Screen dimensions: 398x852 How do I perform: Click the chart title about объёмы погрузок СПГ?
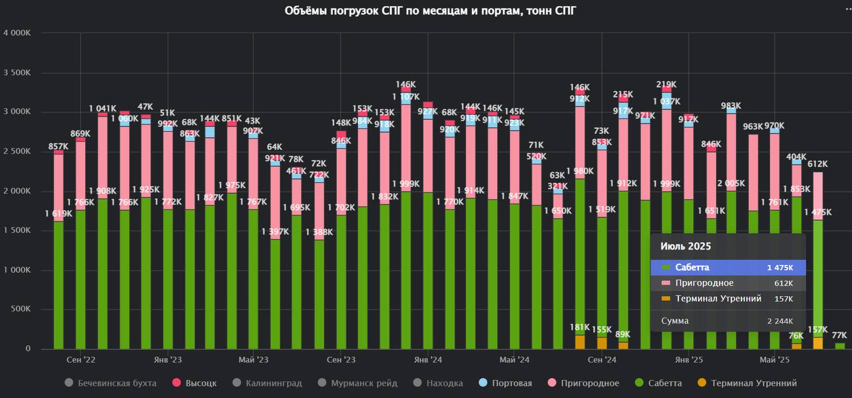pos(426,11)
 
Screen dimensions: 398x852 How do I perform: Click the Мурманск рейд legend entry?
pos(362,383)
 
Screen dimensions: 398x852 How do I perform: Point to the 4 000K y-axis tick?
pos(17,33)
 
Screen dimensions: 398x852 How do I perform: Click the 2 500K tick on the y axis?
pos(17,152)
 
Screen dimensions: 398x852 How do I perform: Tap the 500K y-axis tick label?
pos(19,309)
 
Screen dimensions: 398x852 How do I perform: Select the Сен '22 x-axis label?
pos(80,360)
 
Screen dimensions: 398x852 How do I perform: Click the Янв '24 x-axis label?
pos(428,360)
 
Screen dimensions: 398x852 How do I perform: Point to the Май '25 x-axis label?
pos(775,360)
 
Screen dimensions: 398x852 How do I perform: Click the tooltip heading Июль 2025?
pos(686,246)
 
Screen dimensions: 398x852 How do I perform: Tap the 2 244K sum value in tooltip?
pos(779,321)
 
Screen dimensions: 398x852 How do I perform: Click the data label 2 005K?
pos(732,184)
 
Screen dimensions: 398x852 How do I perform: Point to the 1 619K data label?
pos(59,214)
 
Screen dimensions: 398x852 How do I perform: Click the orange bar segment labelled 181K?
pos(580,341)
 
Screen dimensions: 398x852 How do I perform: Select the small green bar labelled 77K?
pos(839,345)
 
